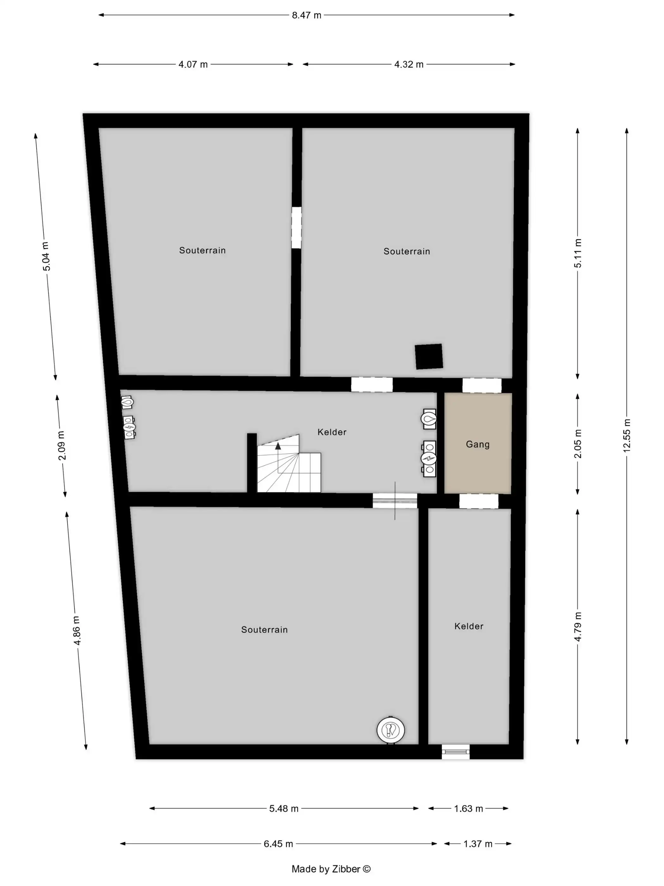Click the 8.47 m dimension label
[x=306, y=15]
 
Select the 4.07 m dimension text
[x=193, y=65]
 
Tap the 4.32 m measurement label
[x=409, y=65]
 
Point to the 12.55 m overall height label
[x=626, y=435]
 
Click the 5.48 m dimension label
[x=284, y=808]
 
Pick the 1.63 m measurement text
[x=468, y=808]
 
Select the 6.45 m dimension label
[x=278, y=844]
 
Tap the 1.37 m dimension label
[x=477, y=844]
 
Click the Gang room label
[x=477, y=444]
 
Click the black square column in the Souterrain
[x=429, y=356]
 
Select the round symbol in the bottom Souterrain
[x=390, y=730]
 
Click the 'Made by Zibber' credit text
[x=331, y=869]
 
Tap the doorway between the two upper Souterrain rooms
[x=296, y=228]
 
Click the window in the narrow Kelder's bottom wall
[x=456, y=752]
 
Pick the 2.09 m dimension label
[x=61, y=446]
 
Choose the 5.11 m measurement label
[x=578, y=253]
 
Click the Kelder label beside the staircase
[x=332, y=432]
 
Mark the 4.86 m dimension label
[x=77, y=630]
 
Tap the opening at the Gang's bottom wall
[x=479, y=501]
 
